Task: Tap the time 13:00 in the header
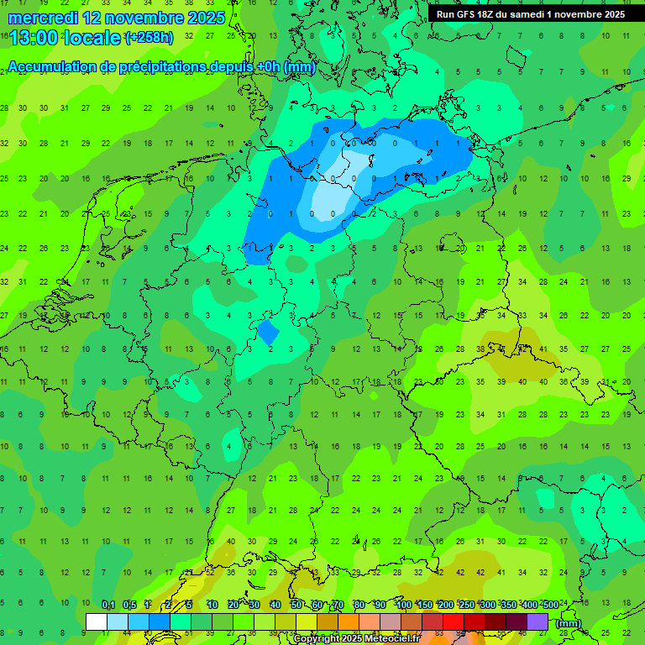(x=32, y=39)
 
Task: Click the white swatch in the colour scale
(x=97, y=622)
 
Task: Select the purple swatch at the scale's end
(x=537, y=622)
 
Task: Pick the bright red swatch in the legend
(x=454, y=622)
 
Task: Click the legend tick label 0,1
(x=108, y=605)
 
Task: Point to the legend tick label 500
(x=549, y=605)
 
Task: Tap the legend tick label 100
(x=404, y=605)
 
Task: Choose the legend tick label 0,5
(x=129, y=605)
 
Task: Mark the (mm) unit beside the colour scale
(x=568, y=623)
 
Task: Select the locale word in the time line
(x=92, y=39)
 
